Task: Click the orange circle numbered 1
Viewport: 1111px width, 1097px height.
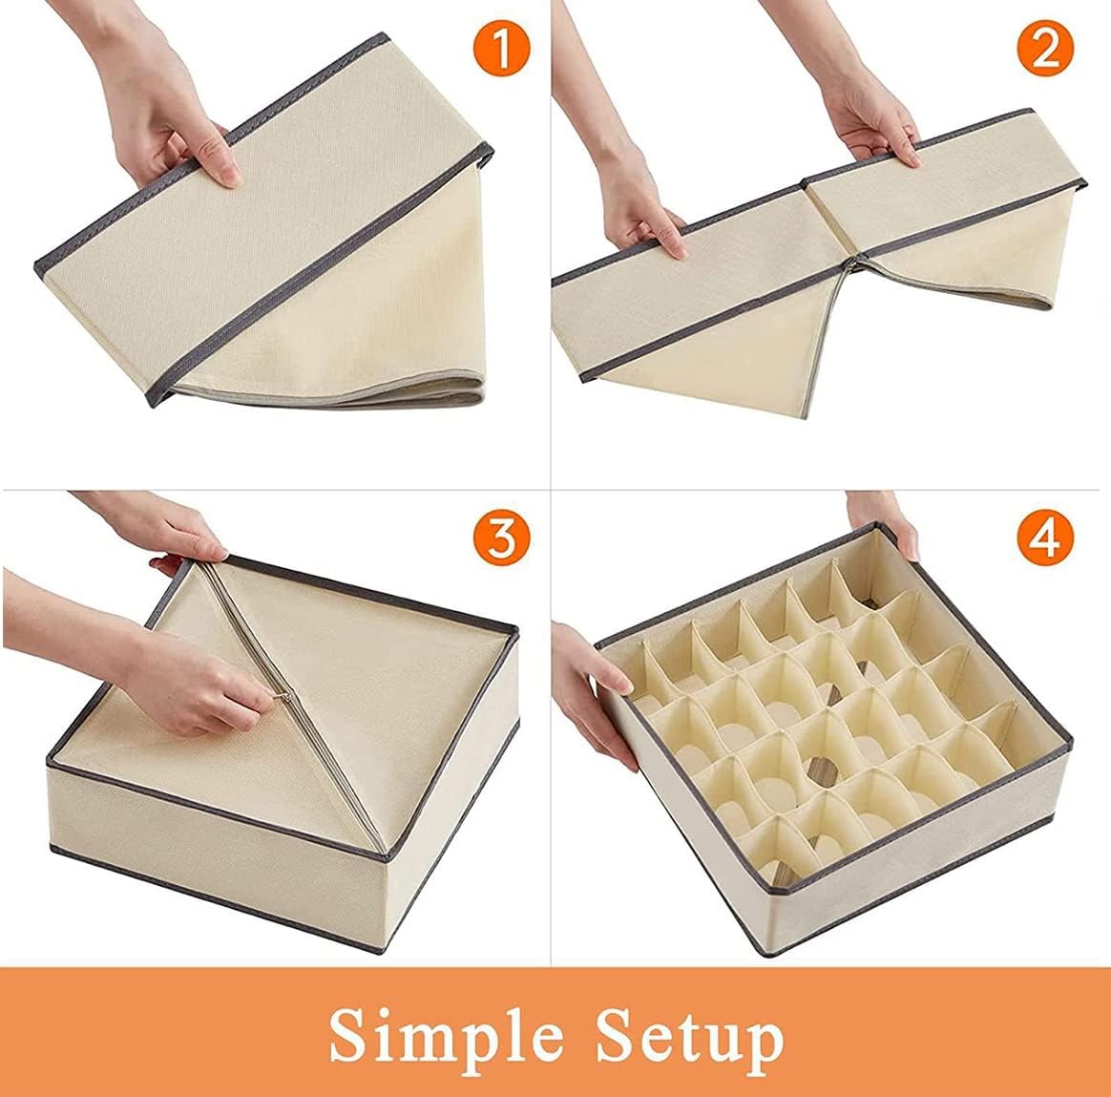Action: tap(501, 50)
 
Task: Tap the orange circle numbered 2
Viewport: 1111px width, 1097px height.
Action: tap(1045, 50)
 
